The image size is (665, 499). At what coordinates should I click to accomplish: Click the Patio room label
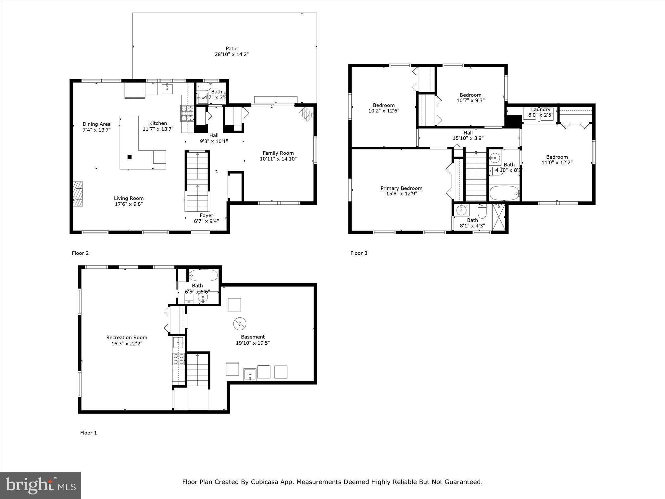pos(232,49)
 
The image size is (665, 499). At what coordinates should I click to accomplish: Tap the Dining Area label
pos(96,124)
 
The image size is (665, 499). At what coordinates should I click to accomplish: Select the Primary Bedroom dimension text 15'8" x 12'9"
pos(401,194)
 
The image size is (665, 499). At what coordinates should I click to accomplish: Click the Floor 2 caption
pos(80,253)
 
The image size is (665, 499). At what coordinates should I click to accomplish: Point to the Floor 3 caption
pos(359,253)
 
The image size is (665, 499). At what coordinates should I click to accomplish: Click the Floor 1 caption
pos(88,433)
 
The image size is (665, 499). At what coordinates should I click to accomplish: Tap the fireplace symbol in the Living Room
pos(78,194)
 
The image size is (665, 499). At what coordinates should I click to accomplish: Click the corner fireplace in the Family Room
pos(306,114)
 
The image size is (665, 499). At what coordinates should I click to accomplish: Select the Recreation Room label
pos(127,338)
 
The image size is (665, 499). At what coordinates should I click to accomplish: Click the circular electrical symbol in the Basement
pos(240,323)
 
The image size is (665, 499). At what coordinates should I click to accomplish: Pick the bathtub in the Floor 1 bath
pos(203,275)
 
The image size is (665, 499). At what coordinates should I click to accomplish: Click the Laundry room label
pos(541,109)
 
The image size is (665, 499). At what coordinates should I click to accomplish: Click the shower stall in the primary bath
pos(499,216)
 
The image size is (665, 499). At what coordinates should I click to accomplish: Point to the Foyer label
pos(206,215)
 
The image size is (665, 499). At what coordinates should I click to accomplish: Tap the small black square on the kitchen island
pos(130,157)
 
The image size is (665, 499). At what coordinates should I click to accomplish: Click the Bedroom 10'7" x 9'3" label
pos(470,95)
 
